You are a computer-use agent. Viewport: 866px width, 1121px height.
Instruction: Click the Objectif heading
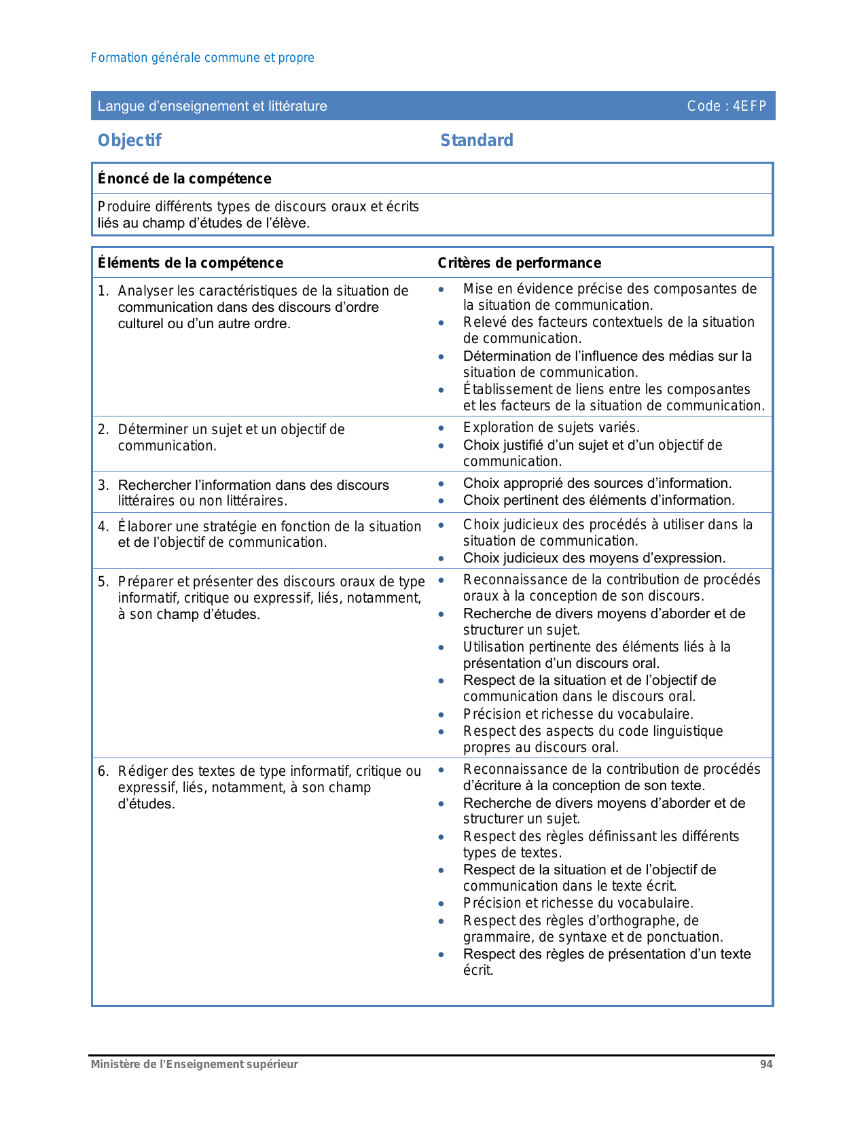tap(130, 141)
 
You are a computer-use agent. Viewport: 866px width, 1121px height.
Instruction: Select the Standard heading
tap(477, 141)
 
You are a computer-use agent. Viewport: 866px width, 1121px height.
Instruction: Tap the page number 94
tap(766, 1065)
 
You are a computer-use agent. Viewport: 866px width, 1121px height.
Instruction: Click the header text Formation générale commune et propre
tap(202, 58)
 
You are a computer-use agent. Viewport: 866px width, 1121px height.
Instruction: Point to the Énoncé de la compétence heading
tap(185, 179)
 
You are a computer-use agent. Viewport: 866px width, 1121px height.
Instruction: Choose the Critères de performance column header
tap(520, 263)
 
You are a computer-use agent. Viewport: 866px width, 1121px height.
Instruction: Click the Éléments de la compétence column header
tap(191, 263)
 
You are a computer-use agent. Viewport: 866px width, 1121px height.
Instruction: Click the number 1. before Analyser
tap(103, 291)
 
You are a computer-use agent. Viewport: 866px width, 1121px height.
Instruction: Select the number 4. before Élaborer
tap(103, 527)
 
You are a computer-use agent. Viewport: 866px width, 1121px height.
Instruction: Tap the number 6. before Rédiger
tap(103, 771)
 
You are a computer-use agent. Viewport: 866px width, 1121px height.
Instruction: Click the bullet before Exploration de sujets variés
tap(441, 428)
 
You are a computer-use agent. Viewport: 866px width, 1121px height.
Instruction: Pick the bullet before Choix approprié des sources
tap(441, 484)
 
